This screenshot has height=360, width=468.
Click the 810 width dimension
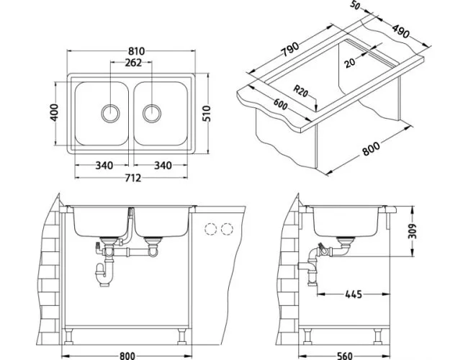pyautogui.click(x=137, y=51)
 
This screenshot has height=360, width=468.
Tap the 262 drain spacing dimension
pyautogui.click(x=133, y=63)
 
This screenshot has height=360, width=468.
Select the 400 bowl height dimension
pyautogui.click(x=54, y=112)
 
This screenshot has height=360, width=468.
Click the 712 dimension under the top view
pyautogui.click(x=132, y=178)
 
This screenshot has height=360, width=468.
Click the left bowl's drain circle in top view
pyautogui.click(x=110, y=114)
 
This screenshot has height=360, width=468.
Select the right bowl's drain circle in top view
pyautogui.click(x=152, y=114)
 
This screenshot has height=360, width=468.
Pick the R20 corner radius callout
pyautogui.click(x=300, y=91)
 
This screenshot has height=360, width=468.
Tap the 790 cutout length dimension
pyautogui.click(x=290, y=49)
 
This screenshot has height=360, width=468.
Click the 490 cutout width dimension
pyautogui.click(x=400, y=31)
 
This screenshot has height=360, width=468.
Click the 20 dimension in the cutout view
pyautogui.click(x=350, y=63)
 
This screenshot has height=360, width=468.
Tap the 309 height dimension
pyautogui.click(x=412, y=231)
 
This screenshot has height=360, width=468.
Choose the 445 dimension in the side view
pyautogui.click(x=354, y=294)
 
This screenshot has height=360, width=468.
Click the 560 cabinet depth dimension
pyautogui.click(x=345, y=356)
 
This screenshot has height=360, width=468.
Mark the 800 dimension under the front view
pyautogui.click(x=127, y=356)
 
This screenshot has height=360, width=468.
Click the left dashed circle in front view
pyautogui.click(x=210, y=229)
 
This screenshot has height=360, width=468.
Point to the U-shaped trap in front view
pyautogui.click(x=104, y=273)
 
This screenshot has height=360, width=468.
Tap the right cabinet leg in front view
pyautogui.click(x=181, y=337)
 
